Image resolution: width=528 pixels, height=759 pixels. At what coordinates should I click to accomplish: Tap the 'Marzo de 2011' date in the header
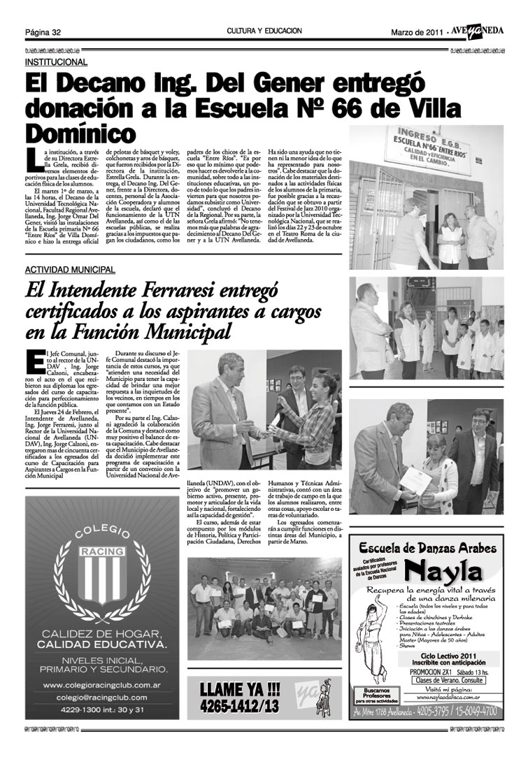point(415,32)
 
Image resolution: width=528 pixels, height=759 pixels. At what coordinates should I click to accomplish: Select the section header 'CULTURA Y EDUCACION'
point(264,31)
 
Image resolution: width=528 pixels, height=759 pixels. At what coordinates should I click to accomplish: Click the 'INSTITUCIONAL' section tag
point(56,62)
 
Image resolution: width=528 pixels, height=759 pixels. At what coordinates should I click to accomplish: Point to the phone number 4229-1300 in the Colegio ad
point(77,710)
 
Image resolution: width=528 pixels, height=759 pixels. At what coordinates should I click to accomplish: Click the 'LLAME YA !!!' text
point(234,689)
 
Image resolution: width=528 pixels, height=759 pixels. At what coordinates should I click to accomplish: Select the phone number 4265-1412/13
point(234,706)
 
